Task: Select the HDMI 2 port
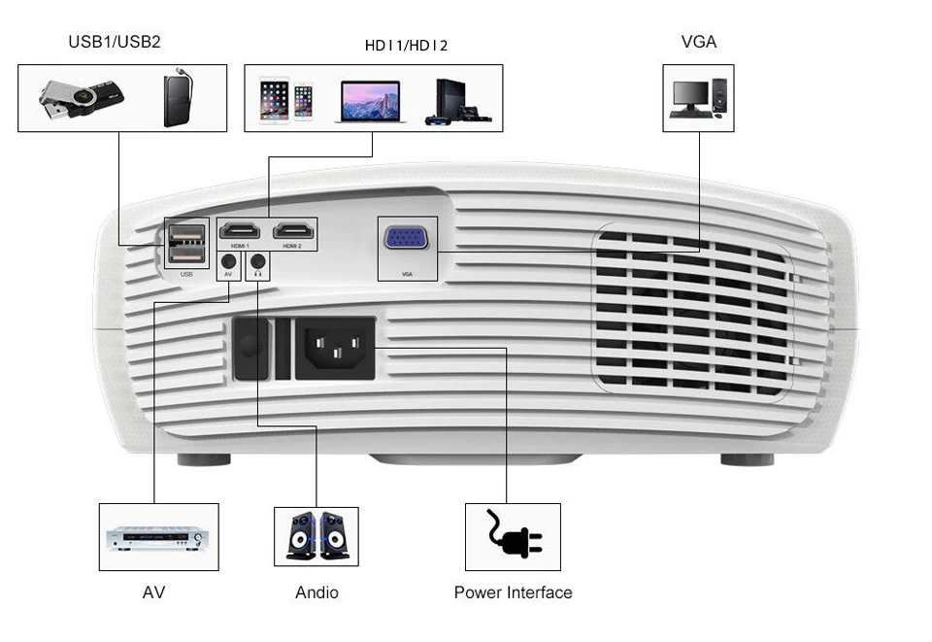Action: pyautogui.click(x=293, y=231)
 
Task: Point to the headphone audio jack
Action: pyautogui.click(x=257, y=260)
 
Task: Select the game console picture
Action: pyautogui.click(x=456, y=101)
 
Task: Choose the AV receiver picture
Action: pyautogui.click(x=157, y=537)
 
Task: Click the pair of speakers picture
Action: pyautogui.click(x=316, y=536)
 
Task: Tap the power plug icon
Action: pyautogui.click(x=513, y=535)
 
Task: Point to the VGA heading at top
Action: pyautogui.click(x=699, y=42)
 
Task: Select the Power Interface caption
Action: pyautogui.click(x=513, y=592)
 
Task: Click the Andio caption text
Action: pyautogui.click(x=316, y=592)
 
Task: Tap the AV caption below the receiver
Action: pyautogui.click(x=153, y=592)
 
